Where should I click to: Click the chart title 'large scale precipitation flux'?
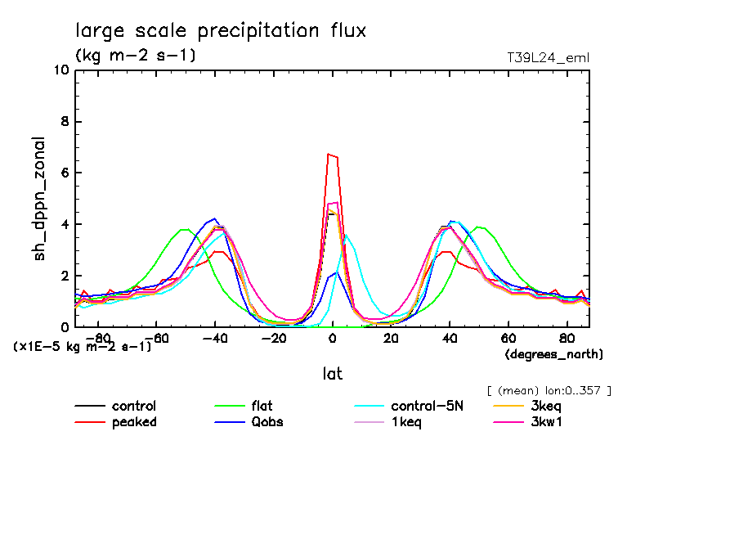221,31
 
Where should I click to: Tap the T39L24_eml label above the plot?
548,57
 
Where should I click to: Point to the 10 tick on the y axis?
60,70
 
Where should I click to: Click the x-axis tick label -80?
98,338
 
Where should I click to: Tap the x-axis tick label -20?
273,338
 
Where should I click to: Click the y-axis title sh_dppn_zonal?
39,199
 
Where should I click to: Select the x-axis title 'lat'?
332,373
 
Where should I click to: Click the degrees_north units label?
554,354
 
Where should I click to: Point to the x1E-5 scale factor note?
83,346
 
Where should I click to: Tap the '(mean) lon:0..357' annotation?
549,390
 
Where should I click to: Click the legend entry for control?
134,406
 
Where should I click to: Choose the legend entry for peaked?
134,422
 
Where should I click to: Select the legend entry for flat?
262,406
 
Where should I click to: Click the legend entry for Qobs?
266,422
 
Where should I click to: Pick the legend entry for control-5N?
427,406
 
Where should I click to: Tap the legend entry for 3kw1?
547,422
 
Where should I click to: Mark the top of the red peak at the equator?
329,154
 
